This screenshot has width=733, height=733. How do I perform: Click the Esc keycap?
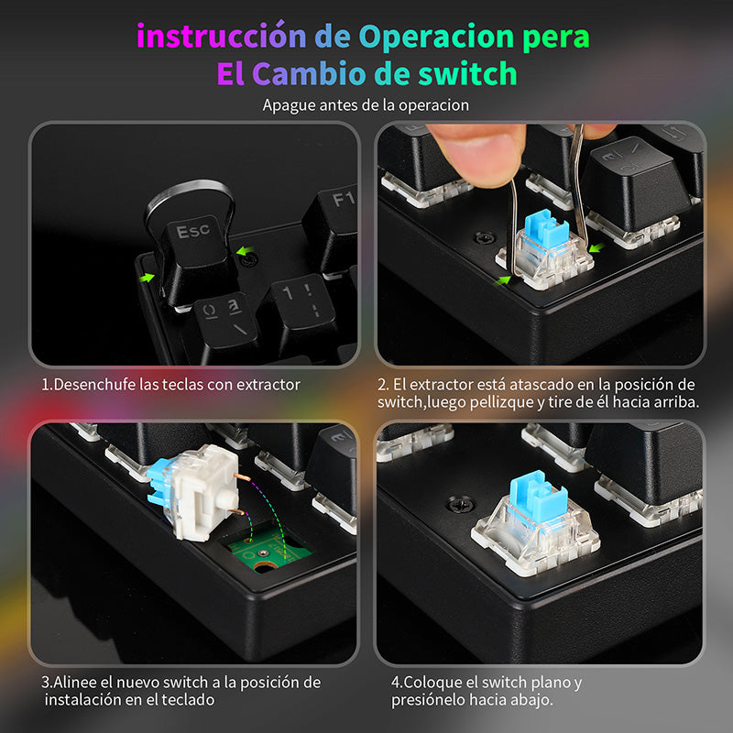[194, 257]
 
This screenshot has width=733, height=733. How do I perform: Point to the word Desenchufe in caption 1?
[95, 384]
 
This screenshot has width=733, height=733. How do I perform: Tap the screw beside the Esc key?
[250, 258]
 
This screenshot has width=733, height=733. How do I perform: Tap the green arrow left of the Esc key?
[147, 278]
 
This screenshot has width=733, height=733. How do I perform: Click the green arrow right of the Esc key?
[245, 251]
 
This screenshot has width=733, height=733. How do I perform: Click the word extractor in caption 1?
[268, 384]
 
